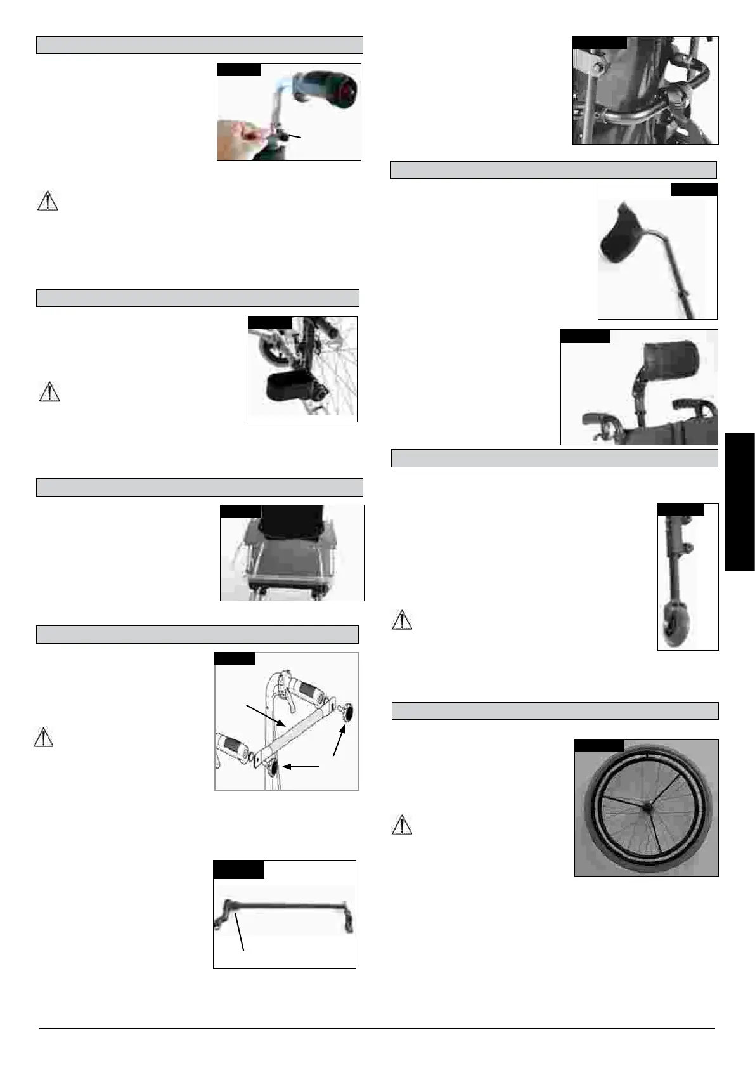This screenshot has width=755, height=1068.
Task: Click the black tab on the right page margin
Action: point(740,501)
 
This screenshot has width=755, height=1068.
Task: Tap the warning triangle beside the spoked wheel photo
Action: point(402,825)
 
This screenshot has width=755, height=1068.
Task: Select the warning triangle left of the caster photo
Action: point(402,620)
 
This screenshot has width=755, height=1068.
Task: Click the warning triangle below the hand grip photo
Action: point(48,200)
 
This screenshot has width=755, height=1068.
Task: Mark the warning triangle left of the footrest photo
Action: point(49,392)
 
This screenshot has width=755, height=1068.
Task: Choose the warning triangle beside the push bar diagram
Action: point(43,738)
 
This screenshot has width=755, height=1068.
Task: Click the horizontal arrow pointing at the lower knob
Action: point(301,767)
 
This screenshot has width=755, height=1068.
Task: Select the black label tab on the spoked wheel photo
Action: point(598,746)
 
